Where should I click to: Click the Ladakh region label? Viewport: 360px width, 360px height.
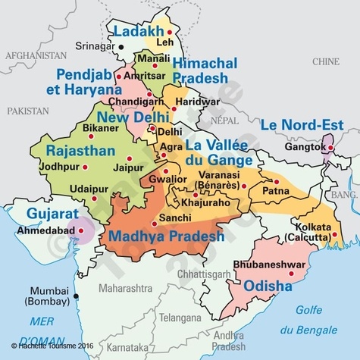tap(138, 31)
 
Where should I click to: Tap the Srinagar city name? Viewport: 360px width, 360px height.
tap(95, 47)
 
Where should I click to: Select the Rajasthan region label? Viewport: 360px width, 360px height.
tap(80, 149)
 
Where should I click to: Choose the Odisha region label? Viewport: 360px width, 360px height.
tap(268, 286)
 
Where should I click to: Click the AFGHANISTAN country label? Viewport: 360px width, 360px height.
tap(36, 56)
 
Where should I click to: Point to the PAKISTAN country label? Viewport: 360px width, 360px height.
tap(27, 111)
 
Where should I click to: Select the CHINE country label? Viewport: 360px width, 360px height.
tap(327, 60)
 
